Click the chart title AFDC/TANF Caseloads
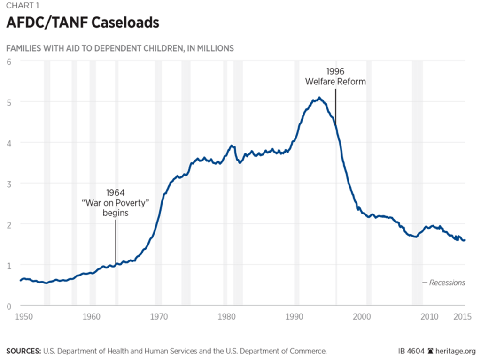(x=82, y=23)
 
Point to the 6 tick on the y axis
(x=9, y=61)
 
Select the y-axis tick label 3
(x=9, y=184)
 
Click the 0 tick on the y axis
(x=9, y=306)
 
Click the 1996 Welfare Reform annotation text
(x=335, y=77)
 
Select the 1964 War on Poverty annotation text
(x=116, y=203)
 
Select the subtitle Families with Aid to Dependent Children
(x=120, y=48)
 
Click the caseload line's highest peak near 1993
(x=319, y=98)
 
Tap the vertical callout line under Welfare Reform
(x=335, y=106)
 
